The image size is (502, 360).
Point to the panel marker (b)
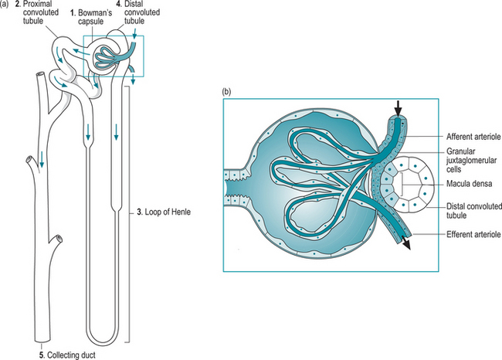click(227, 91)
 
